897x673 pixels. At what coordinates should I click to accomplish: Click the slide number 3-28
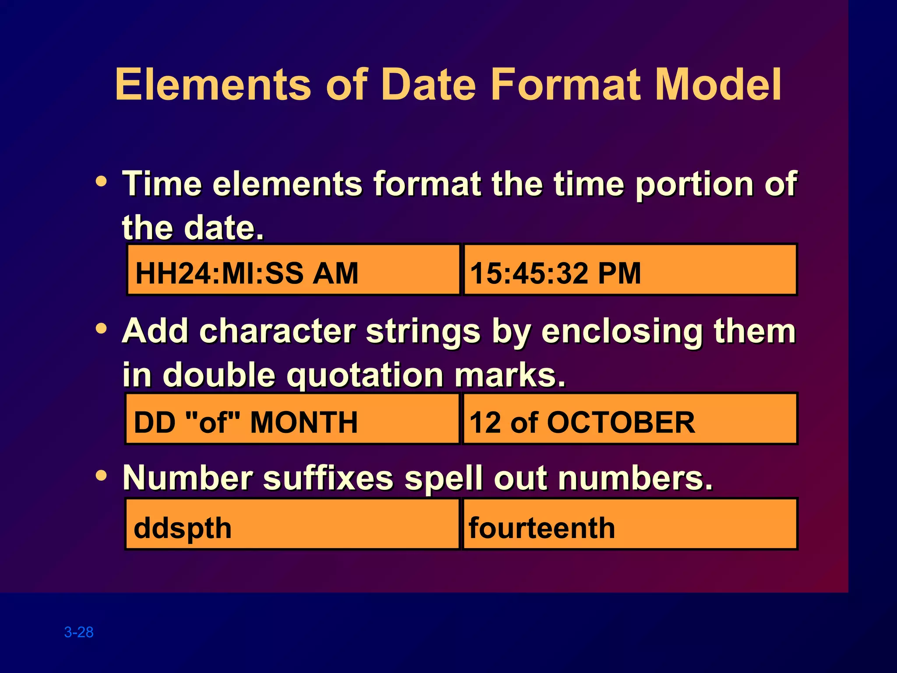click(x=79, y=632)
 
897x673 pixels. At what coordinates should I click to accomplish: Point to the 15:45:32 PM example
click(x=555, y=273)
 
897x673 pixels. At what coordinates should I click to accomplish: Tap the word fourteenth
click(x=542, y=528)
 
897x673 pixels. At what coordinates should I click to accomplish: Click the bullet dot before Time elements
click(x=101, y=181)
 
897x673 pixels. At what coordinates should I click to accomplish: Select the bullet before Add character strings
click(x=101, y=328)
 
